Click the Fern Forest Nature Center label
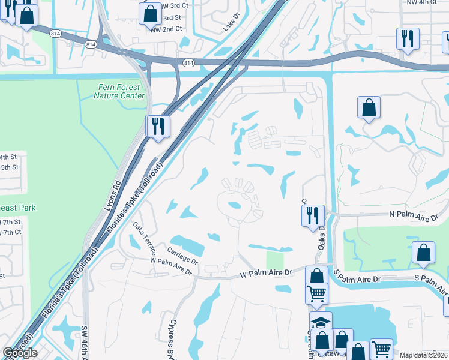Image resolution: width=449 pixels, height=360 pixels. coord(121,91)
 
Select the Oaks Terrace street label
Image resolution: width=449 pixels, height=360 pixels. coord(145,238)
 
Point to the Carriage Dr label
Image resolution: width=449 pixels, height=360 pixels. coord(182,256)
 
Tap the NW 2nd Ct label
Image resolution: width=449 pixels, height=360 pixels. coord(166,29)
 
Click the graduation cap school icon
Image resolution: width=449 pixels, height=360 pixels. coord(321,322)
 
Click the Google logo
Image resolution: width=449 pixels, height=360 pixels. coord(20,353)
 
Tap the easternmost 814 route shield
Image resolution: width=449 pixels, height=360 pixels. coord(188,62)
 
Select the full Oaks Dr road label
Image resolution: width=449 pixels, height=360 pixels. coord(321,236)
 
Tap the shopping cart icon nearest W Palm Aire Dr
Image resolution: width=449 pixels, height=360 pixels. coord(317,293)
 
